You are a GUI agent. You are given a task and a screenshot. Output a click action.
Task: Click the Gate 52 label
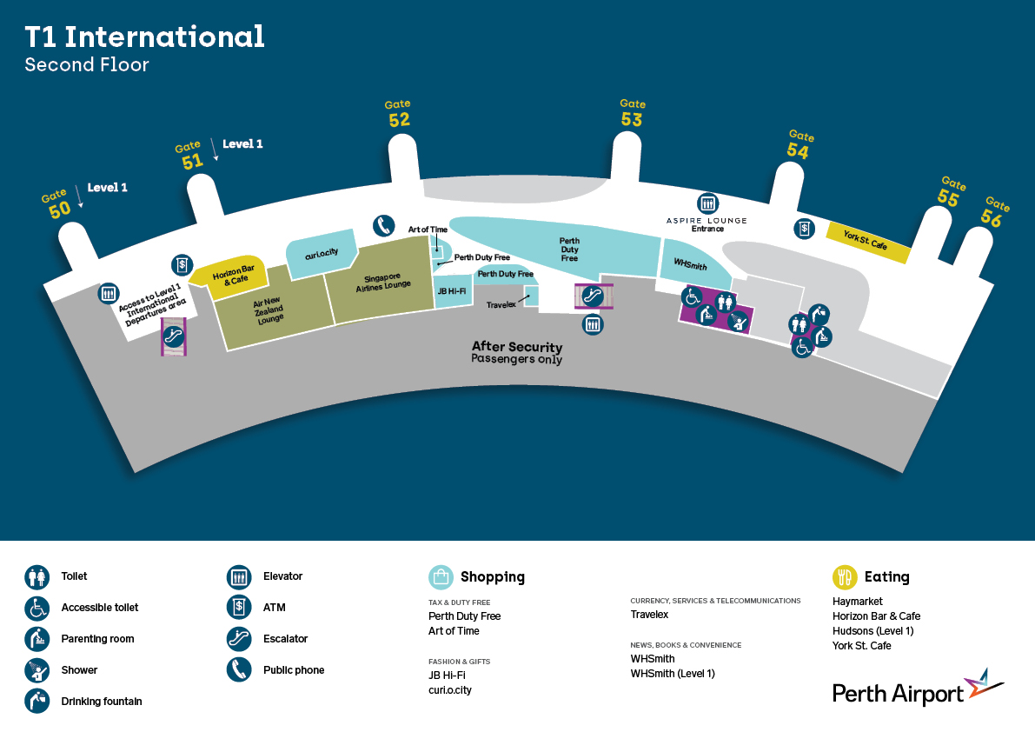click(x=399, y=114)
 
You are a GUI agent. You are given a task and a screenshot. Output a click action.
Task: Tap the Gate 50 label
click(x=56, y=204)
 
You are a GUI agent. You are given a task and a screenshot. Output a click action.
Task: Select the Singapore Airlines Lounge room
click(x=381, y=281)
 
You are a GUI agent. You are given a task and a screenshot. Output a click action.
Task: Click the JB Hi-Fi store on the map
click(x=452, y=291)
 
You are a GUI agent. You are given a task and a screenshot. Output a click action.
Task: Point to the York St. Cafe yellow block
click(x=867, y=243)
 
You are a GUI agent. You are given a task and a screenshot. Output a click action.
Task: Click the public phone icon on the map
click(x=383, y=226)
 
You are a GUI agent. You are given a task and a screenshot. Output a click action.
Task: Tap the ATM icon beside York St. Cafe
click(x=804, y=229)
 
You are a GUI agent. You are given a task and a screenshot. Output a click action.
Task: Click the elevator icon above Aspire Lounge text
click(x=707, y=203)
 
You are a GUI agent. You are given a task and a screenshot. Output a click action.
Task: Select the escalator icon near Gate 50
click(x=174, y=336)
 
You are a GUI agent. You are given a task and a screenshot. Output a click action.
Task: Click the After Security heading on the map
click(x=517, y=347)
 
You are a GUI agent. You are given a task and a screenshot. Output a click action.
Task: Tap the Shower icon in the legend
click(x=37, y=670)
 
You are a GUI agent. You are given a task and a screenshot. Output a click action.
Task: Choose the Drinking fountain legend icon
click(x=37, y=701)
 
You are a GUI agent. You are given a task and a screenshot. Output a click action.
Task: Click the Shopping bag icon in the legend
click(x=441, y=577)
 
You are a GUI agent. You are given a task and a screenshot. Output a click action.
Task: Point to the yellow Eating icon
click(x=845, y=577)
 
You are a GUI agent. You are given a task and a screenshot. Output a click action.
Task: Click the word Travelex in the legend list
click(x=649, y=615)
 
